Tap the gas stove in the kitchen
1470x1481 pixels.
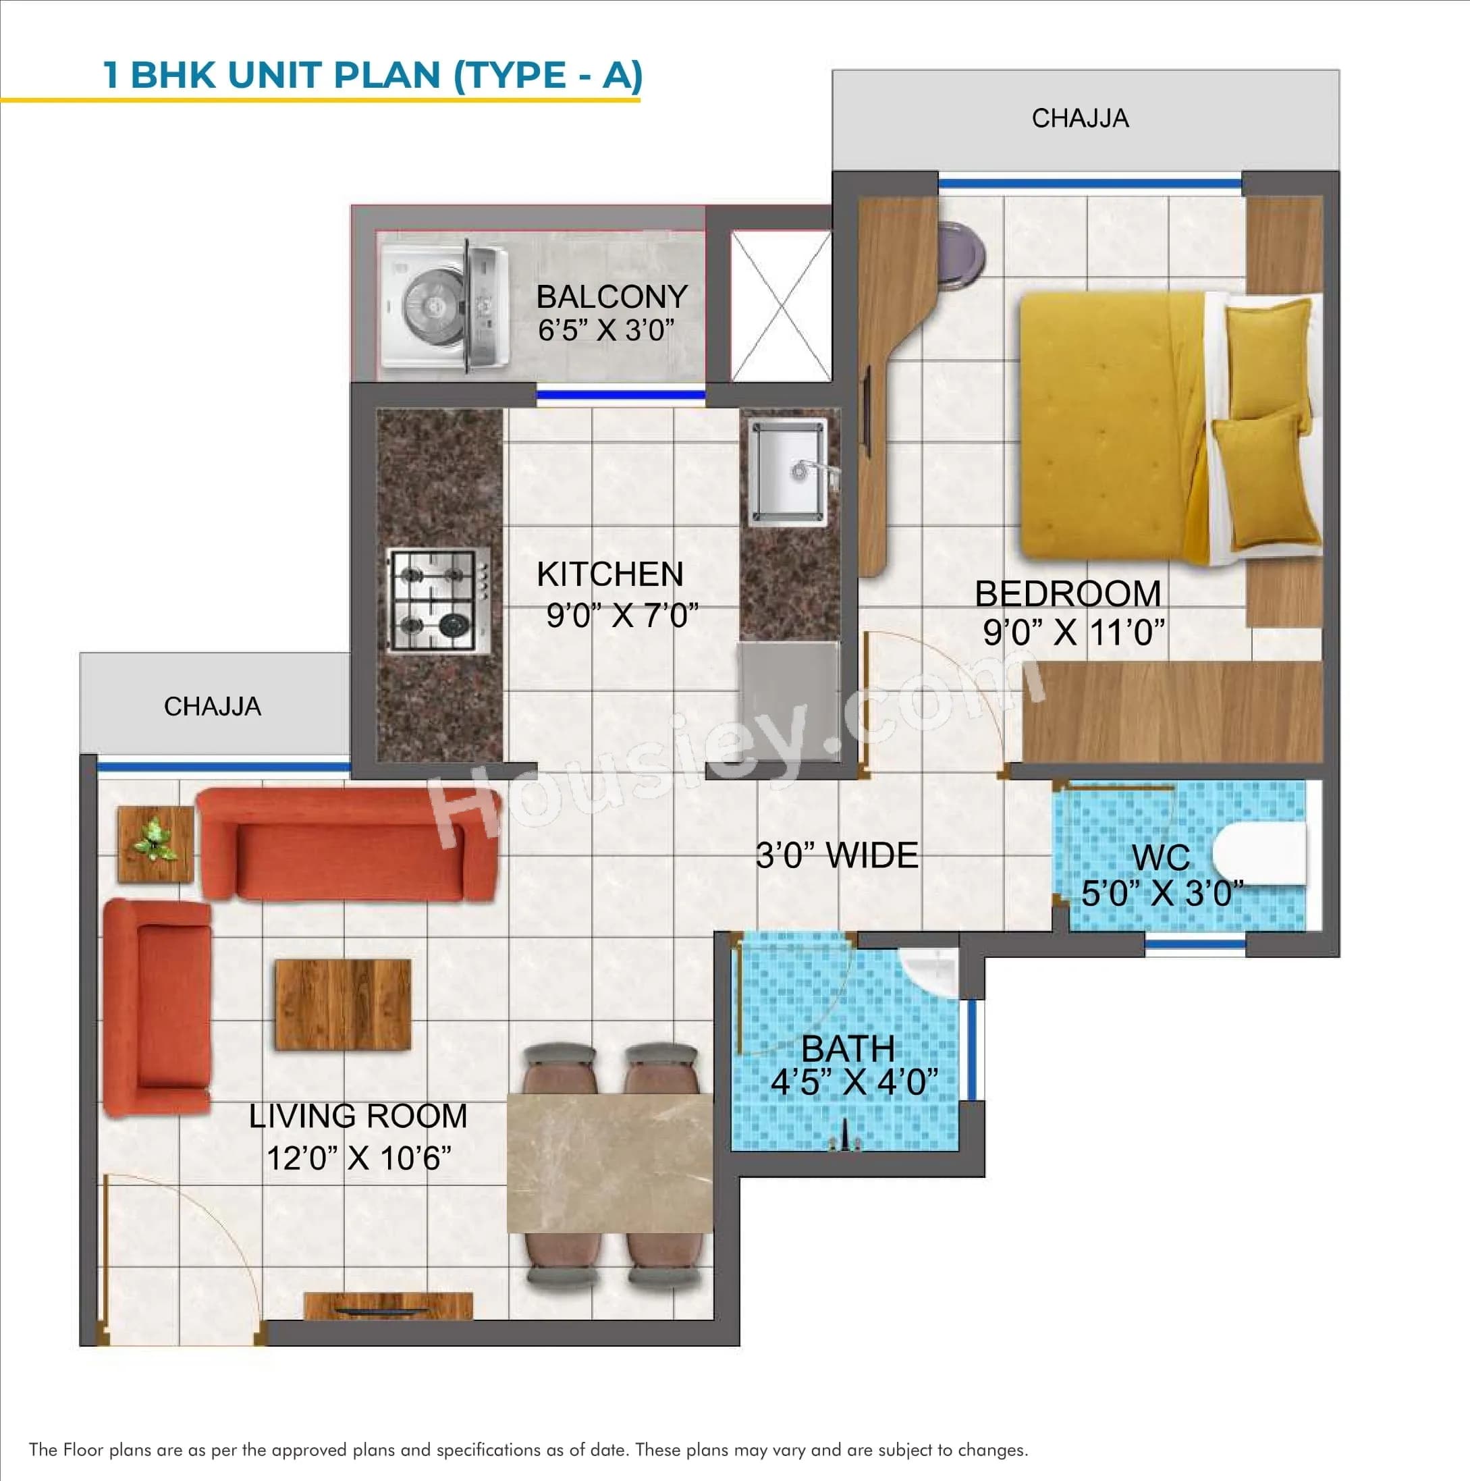click(439, 600)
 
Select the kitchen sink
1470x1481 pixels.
click(787, 471)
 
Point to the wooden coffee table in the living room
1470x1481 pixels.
click(343, 1004)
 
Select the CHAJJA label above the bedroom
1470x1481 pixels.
click(1079, 118)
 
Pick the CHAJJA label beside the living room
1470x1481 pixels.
click(213, 706)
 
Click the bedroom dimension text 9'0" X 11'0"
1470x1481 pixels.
click(1073, 633)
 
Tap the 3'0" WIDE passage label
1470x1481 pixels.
click(836, 855)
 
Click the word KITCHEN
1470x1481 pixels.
click(609, 574)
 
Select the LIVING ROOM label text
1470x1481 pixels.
click(358, 1115)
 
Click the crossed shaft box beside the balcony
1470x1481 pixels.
click(780, 305)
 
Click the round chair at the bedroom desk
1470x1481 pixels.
click(960, 254)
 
